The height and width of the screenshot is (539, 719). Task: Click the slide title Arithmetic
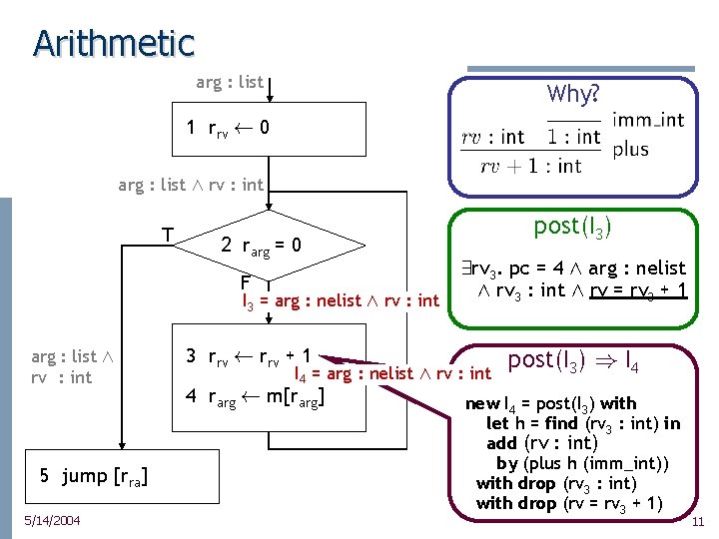click(x=113, y=42)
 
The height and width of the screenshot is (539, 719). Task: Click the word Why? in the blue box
click(x=573, y=95)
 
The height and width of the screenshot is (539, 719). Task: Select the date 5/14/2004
click(x=53, y=520)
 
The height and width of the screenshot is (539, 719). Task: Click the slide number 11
click(x=698, y=521)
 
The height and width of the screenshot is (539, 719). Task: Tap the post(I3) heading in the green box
click(x=572, y=227)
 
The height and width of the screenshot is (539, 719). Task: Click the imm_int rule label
click(x=648, y=121)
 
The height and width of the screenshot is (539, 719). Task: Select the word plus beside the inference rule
click(x=631, y=149)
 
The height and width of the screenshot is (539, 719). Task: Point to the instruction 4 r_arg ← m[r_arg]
click(x=257, y=397)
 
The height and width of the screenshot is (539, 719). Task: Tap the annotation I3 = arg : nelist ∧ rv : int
click(x=341, y=300)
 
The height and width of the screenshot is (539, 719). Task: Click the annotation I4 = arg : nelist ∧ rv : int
click(x=392, y=374)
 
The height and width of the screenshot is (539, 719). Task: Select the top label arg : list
click(x=230, y=82)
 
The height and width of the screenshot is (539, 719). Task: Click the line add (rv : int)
click(x=540, y=443)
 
